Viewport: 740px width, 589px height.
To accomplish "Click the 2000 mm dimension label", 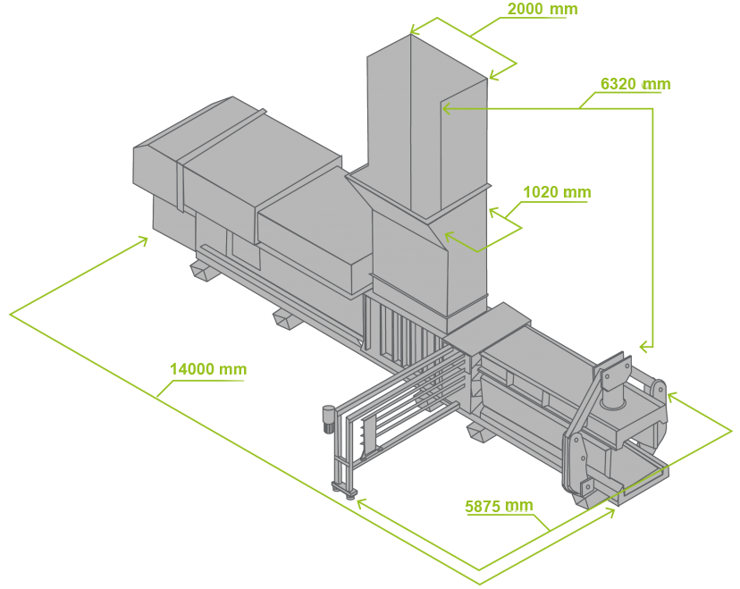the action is [542, 9].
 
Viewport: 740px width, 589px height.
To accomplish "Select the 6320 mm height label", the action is [635, 84].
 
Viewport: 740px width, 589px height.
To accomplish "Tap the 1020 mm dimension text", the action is [557, 192].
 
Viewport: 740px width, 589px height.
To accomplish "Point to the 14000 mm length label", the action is [208, 368].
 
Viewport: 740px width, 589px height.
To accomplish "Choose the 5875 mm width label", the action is [499, 506].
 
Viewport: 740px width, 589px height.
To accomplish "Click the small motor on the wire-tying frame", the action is [328, 418].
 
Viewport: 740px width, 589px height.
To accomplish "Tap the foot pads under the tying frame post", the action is [343, 490].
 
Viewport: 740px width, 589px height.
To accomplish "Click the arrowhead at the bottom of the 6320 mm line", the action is [645, 348].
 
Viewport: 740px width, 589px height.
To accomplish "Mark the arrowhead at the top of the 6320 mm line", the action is [449, 108].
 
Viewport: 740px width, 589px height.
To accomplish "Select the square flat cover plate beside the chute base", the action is [486, 327].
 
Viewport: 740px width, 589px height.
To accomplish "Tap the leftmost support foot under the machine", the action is [203, 271].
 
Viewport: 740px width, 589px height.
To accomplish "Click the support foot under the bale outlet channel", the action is [481, 431].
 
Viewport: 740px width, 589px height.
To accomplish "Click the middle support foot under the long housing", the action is [287, 319].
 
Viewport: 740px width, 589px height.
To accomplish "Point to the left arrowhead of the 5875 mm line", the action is [363, 503].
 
